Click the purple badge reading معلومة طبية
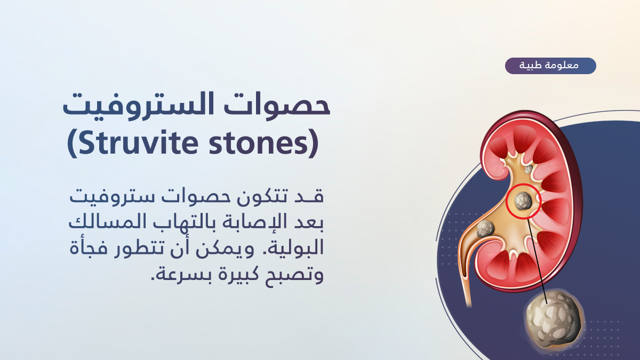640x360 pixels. pos(550,66)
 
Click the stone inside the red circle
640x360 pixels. pos(523,201)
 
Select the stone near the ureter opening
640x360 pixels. pos(485,229)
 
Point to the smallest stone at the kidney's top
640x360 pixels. pos(529,170)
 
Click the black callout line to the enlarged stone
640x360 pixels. pos(537,261)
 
